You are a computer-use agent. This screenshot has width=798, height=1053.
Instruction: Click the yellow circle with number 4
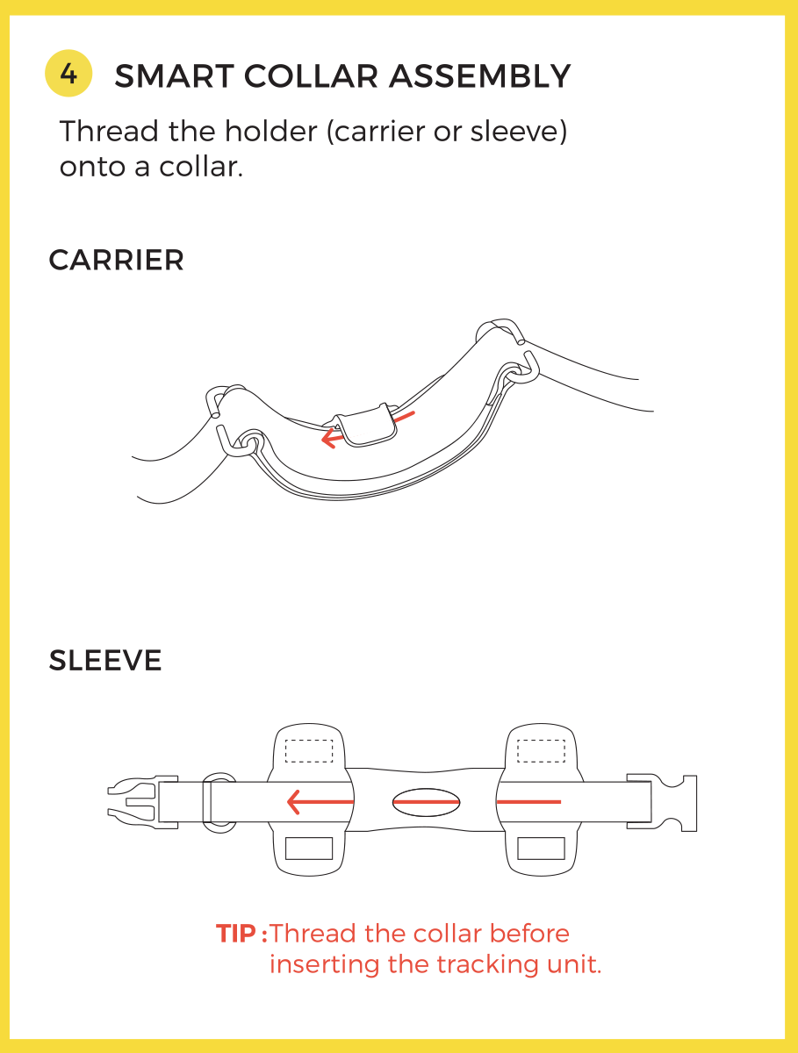pyautogui.click(x=68, y=74)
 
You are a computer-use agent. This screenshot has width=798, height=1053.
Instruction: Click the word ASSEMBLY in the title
pyautogui.click(x=480, y=76)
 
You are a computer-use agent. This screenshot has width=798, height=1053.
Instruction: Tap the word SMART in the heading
pyautogui.click(x=174, y=76)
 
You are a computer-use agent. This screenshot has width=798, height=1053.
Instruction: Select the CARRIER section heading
pyautogui.click(x=116, y=260)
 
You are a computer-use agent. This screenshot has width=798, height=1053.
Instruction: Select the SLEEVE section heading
pyautogui.click(x=105, y=660)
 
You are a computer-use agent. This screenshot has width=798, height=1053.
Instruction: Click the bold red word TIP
pyautogui.click(x=236, y=933)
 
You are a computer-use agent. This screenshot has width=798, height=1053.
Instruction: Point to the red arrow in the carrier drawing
pyautogui.click(x=368, y=429)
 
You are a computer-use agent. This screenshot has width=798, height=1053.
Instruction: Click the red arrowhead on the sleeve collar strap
pyautogui.click(x=294, y=802)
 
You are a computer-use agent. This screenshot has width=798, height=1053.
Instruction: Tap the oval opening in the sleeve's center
pyautogui.click(x=426, y=802)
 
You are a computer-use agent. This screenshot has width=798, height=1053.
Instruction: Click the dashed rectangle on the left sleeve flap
pyautogui.click(x=309, y=751)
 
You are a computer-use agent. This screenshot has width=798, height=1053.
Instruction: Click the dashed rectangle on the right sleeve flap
pyautogui.click(x=541, y=751)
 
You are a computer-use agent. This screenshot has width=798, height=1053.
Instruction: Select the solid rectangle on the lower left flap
pyautogui.click(x=309, y=849)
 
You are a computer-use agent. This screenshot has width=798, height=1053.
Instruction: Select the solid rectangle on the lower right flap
pyautogui.click(x=541, y=849)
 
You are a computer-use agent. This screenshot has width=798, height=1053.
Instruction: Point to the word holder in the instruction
pyautogui.click(x=270, y=131)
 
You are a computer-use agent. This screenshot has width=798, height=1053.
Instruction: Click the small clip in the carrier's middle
pyautogui.click(x=367, y=425)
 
